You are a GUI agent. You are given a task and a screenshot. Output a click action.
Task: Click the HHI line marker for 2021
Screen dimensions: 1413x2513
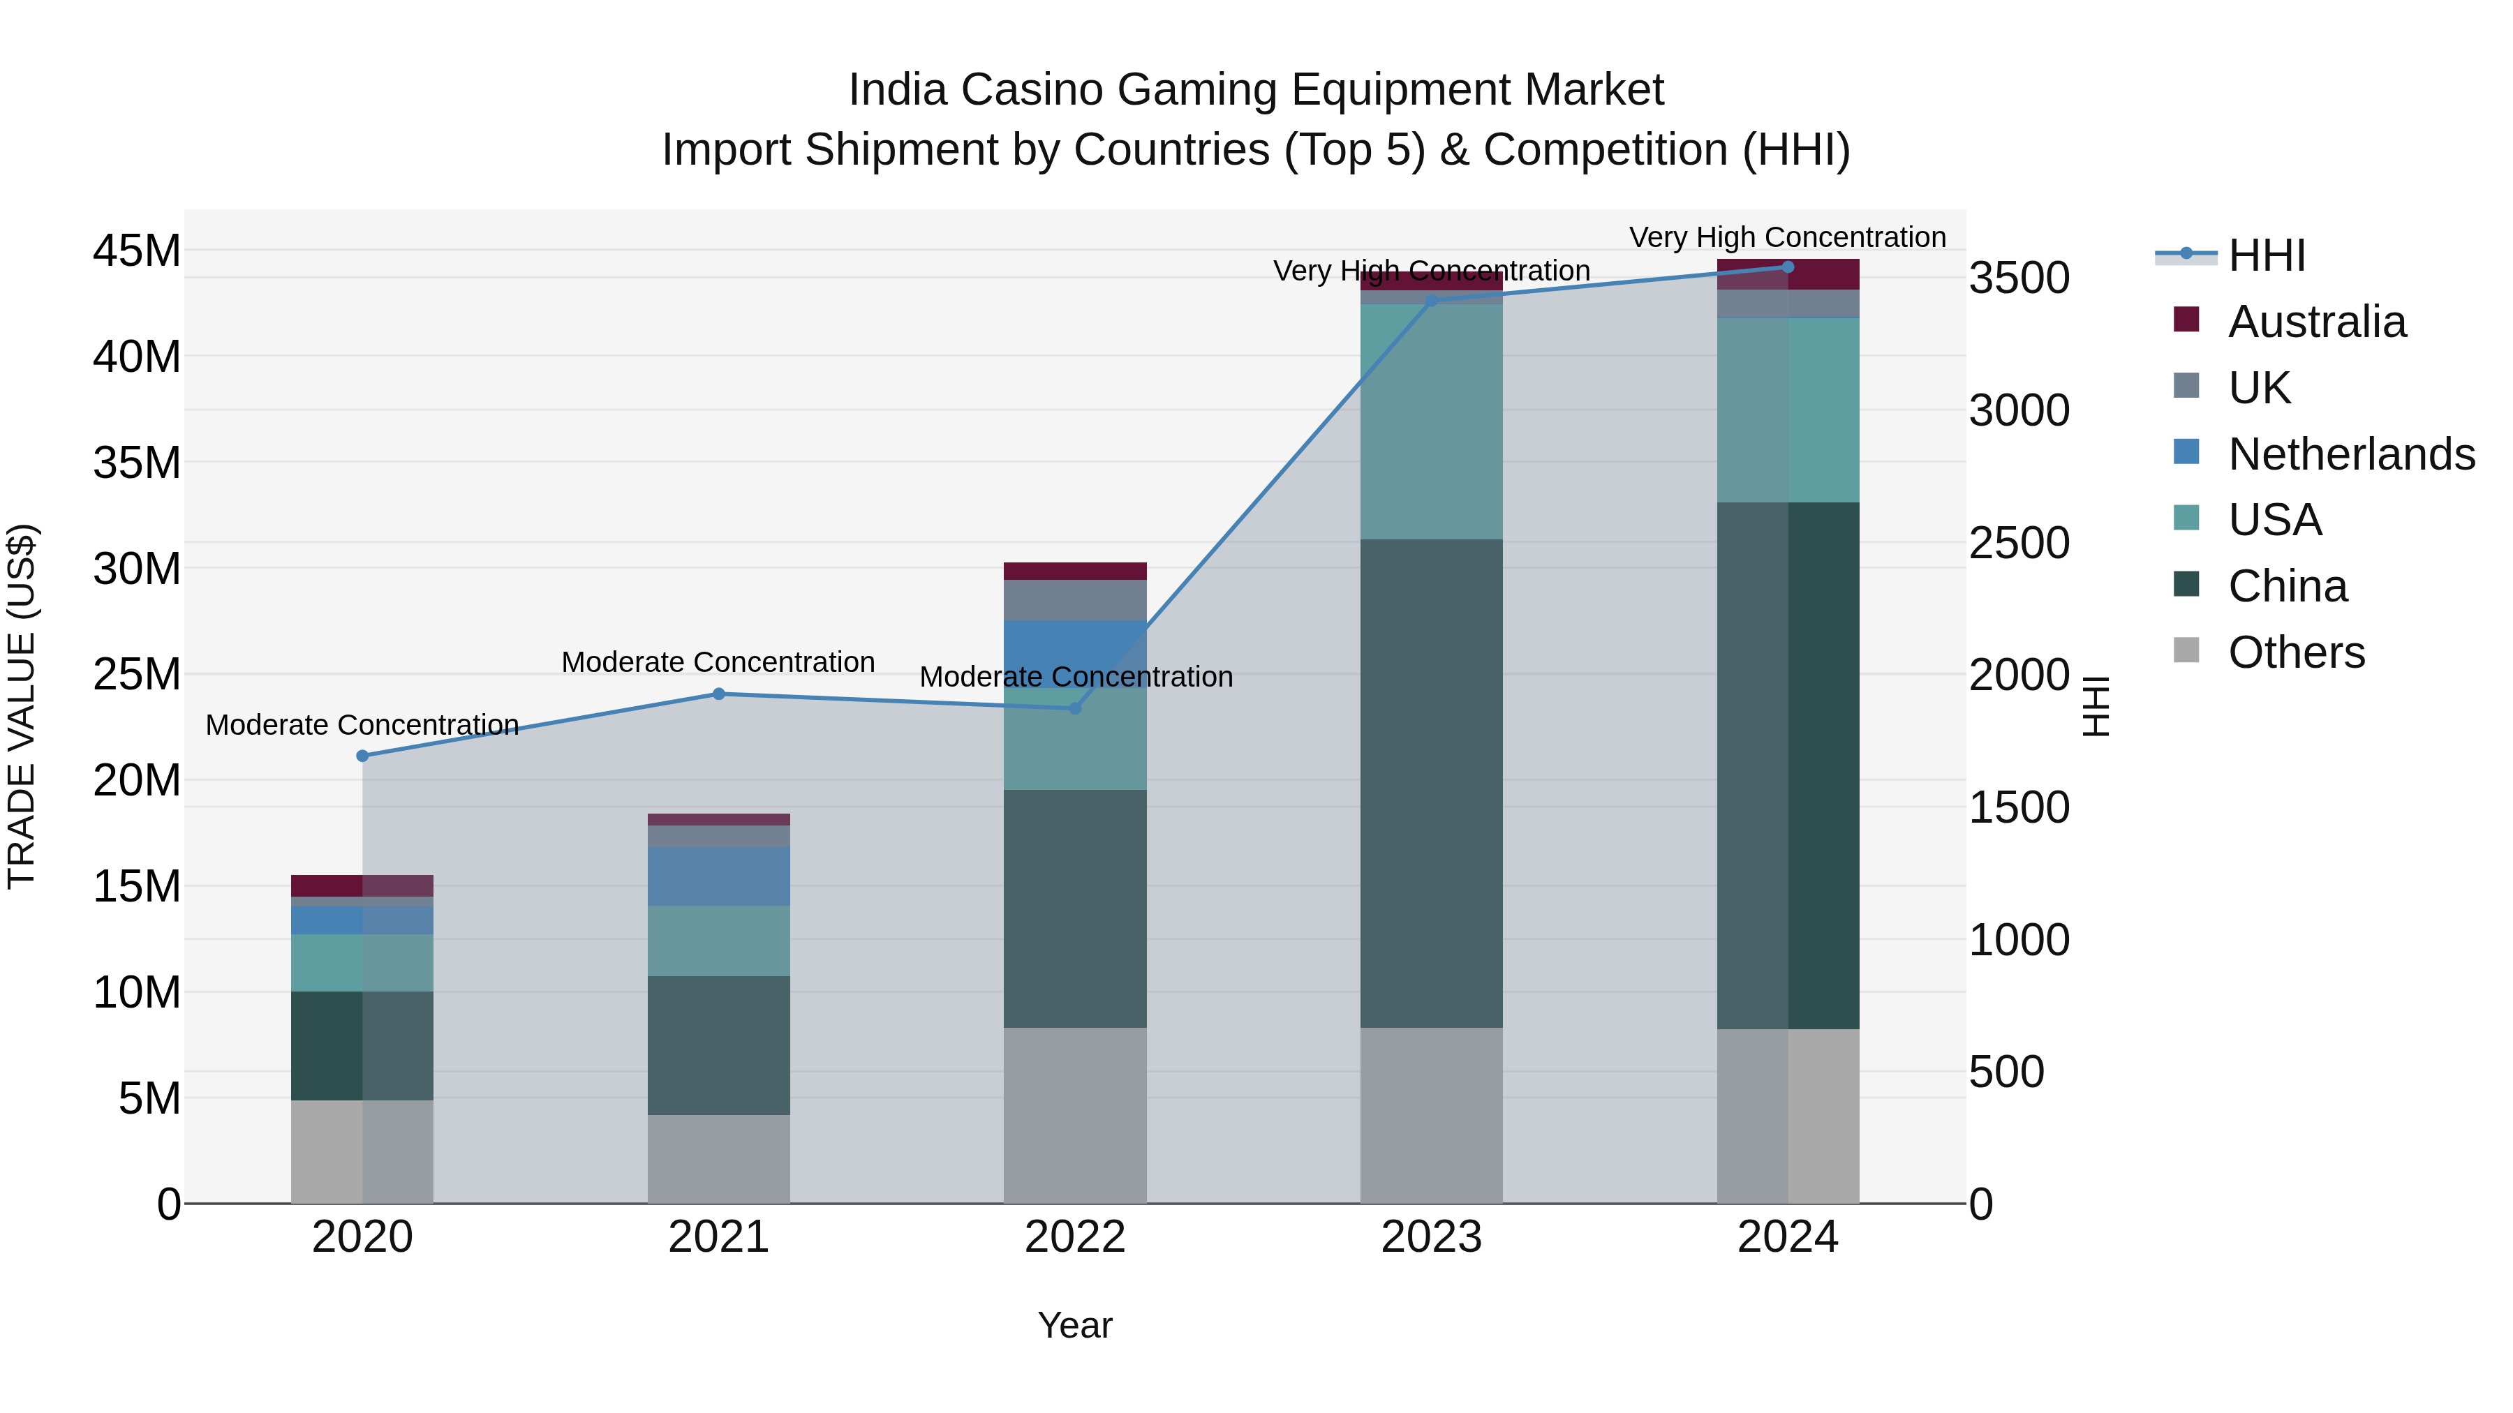(x=718, y=694)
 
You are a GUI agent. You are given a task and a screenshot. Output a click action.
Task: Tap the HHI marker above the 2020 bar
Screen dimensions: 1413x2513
(x=362, y=756)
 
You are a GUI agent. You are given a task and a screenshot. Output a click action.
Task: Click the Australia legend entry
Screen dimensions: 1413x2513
(x=2316, y=322)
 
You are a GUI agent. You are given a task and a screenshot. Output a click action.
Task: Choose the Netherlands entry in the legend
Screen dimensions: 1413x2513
(x=2350, y=454)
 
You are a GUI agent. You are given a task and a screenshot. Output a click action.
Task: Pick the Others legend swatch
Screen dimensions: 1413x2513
(x=2186, y=650)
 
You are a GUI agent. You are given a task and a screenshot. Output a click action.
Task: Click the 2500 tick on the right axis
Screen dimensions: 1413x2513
(x=2017, y=543)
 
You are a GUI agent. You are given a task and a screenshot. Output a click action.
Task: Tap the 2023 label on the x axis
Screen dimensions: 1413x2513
(x=1431, y=1237)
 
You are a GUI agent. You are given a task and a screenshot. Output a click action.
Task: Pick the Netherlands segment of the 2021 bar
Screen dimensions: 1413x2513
(x=718, y=876)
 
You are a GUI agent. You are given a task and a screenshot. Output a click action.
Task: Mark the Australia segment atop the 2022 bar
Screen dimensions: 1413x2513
(x=1075, y=571)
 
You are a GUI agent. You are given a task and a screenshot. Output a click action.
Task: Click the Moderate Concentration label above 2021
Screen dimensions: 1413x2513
(x=718, y=662)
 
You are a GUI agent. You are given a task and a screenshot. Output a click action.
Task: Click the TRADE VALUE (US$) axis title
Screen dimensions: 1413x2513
(x=22, y=706)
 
